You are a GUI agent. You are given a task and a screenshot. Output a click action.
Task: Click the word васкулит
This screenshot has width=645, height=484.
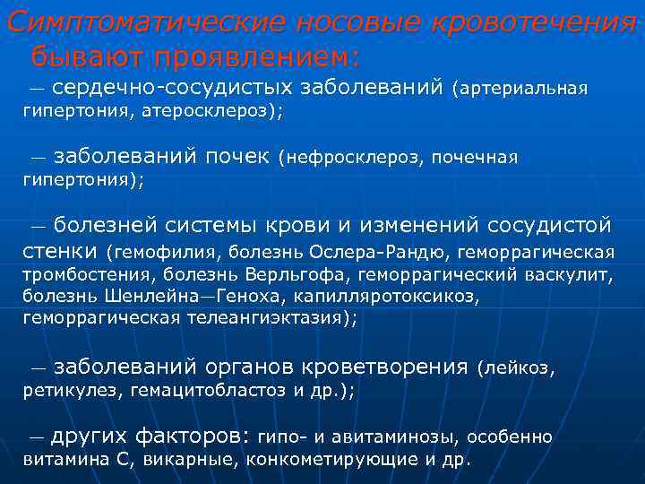click(x=572, y=273)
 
